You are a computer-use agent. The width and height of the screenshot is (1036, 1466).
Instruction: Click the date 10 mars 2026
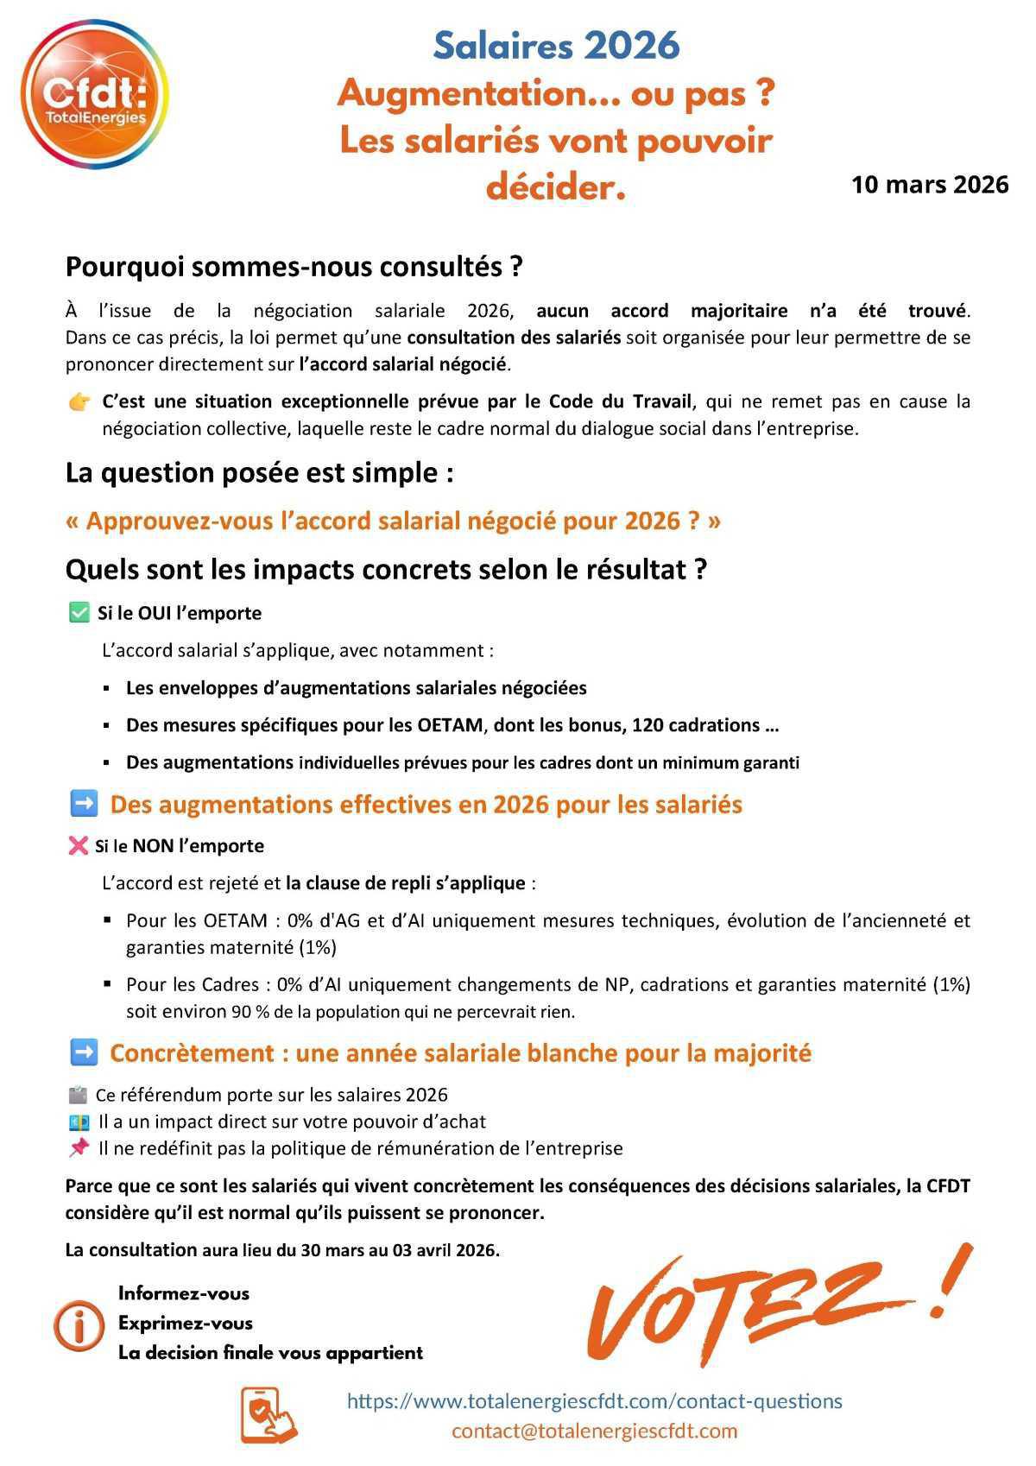click(x=929, y=185)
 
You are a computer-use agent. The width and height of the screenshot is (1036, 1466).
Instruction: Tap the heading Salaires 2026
click(x=556, y=46)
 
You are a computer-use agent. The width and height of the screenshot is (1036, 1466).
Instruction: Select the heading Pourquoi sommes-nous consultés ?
click(x=294, y=267)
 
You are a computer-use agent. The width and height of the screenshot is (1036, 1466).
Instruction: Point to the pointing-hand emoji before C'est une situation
click(x=79, y=402)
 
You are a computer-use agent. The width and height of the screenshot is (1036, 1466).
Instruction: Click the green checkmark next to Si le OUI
click(x=79, y=613)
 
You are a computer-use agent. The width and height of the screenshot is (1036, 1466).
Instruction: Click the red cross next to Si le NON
click(x=78, y=846)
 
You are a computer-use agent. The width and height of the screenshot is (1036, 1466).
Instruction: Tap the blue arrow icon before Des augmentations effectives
click(x=83, y=804)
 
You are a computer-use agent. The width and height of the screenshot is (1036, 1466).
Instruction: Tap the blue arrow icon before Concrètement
click(x=83, y=1052)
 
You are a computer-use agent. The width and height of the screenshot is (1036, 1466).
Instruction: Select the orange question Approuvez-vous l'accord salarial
click(x=393, y=521)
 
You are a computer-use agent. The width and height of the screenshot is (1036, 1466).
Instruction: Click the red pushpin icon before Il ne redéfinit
click(x=79, y=1147)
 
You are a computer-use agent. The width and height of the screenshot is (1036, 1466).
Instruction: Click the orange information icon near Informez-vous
click(x=79, y=1324)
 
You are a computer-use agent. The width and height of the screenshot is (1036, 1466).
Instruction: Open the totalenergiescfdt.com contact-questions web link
click(x=594, y=1400)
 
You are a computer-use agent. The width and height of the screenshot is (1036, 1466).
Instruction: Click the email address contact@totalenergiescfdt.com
click(x=594, y=1431)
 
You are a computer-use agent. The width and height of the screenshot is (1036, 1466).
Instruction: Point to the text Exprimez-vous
click(x=186, y=1323)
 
